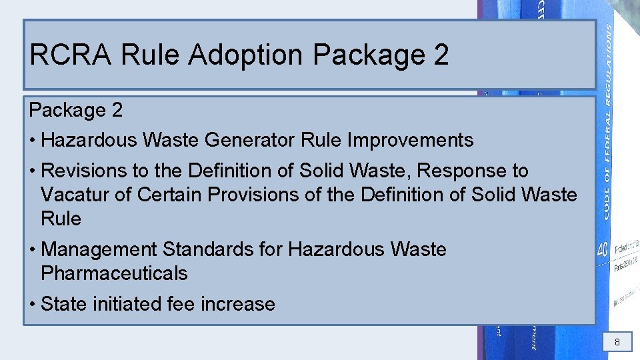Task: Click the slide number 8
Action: point(617,343)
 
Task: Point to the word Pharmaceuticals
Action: point(114,274)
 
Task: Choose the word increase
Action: point(238,305)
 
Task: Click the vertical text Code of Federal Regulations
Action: point(609,123)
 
